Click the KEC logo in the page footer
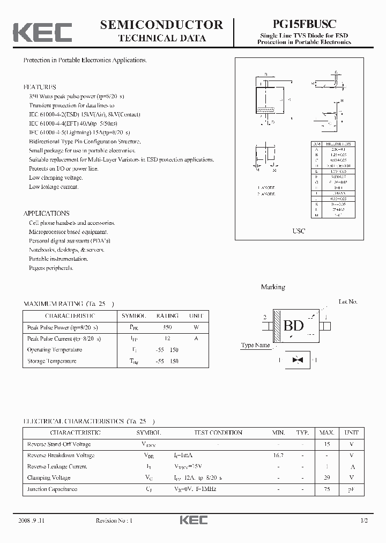(193, 520)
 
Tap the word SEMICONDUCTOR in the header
(161, 25)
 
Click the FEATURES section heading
(40, 87)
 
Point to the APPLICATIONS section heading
(46, 213)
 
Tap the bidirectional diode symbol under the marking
(294, 361)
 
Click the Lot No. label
(348, 302)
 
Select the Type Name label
(255, 345)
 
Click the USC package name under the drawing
(299, 231)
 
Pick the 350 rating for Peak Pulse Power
(167, 327)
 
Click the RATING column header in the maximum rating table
(167, 316)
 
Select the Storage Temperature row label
(52, 361)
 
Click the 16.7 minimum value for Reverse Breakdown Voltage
(278, 455)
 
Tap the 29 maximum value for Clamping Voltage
(327, 478)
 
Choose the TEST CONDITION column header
(218, 432)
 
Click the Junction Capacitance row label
(52, 489)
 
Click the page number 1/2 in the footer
(365, 520)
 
